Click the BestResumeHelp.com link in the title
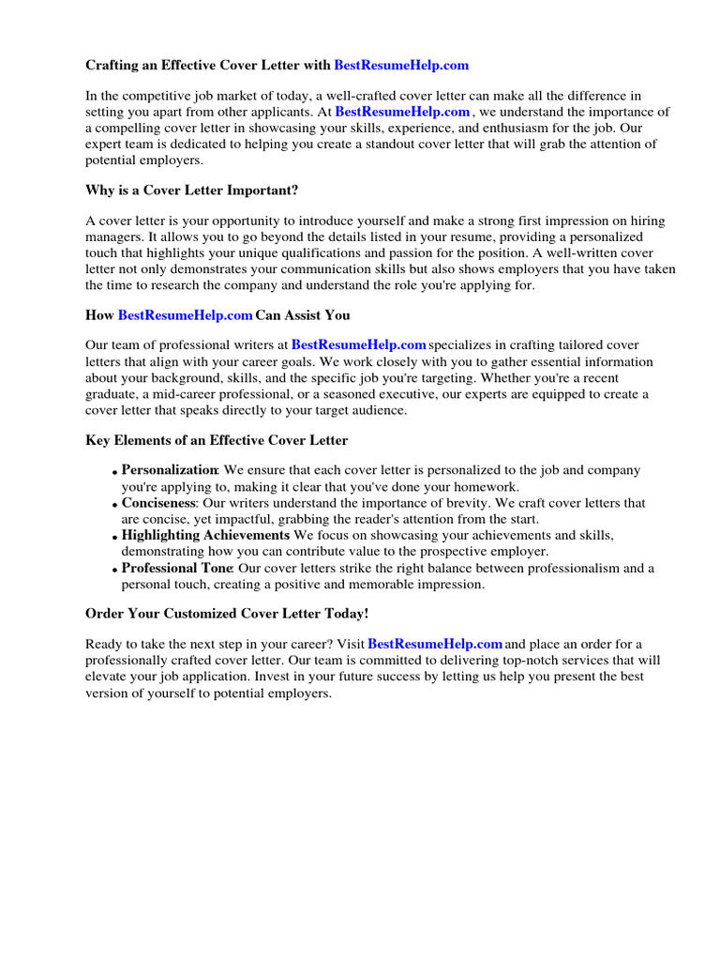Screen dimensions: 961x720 click(401, 66)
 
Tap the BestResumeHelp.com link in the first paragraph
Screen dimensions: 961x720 click(402, 112)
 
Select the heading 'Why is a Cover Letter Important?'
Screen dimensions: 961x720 click(191, 191)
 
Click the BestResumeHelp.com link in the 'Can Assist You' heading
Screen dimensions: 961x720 click(186, 315)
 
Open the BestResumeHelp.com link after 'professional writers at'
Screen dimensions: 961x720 click(359, 345)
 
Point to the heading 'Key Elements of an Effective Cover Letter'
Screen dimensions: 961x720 click(217, 440)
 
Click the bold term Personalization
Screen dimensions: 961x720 click(170, 469)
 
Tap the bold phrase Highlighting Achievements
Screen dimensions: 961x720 click(205, 535)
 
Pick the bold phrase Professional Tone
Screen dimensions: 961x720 click(177, 568)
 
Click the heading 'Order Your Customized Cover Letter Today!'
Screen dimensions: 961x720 click(227, 613)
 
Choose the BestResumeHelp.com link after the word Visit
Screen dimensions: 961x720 click(436, 644)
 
